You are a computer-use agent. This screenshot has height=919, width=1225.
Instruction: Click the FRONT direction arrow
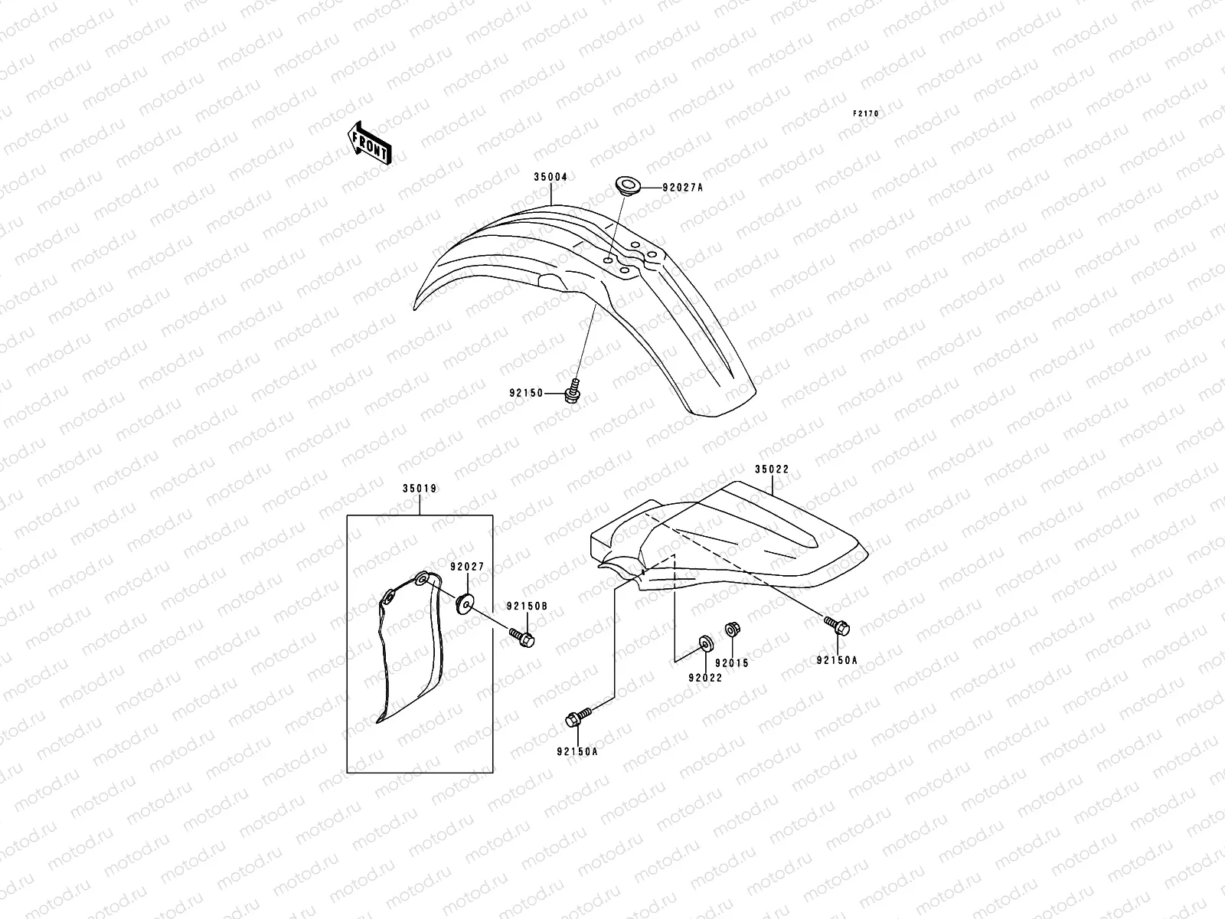pos(371,142)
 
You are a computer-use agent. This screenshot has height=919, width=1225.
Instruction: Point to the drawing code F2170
pos(867,113)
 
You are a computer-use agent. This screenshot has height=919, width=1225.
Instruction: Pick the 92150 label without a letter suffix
pos(526,393)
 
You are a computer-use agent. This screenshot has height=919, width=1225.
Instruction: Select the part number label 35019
pos(419,488)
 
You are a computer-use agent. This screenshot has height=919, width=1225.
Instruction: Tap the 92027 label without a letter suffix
pos(466,567)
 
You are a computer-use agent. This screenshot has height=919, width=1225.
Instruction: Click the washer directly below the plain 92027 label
pos(465,603)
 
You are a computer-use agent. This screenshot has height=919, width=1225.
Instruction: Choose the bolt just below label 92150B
pos(522,636)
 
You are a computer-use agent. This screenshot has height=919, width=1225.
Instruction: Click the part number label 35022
pos(771,469)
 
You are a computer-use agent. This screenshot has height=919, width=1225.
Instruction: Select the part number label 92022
pos(705,678)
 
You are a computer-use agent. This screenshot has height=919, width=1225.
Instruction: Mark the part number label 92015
pos(732,663)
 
